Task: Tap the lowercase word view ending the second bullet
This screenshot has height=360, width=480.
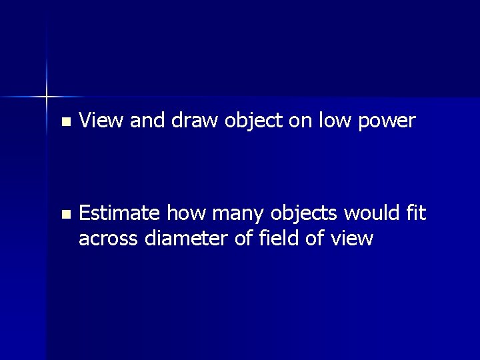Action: click(x=352, y=238)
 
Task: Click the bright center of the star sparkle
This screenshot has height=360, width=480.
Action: click(x=47, y=97)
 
